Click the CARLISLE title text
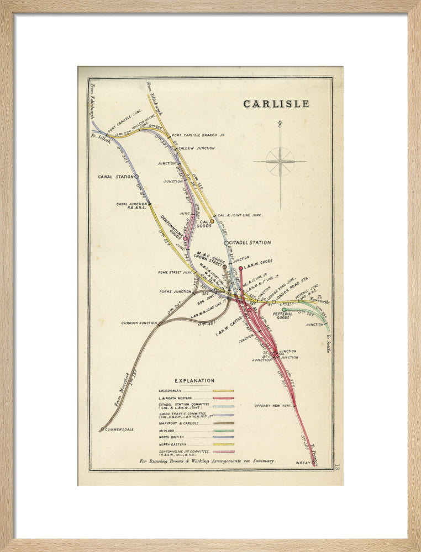click(276, 104)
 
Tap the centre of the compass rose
click(280, 162)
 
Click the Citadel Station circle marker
click(226, 243)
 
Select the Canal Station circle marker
click(136, 177)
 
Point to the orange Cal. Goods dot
click(212, 221)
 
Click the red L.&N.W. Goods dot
click(240, 268)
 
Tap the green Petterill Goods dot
click(284, 310)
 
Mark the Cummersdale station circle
click(102, 428)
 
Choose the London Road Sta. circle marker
click(273, 302)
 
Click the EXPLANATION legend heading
click(194, 381)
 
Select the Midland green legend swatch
click(223, 431)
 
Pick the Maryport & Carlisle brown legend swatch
click(223, 423)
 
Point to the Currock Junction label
click(139, 323)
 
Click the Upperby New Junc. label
click(272, 406)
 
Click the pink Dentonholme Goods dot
click(186, 239)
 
